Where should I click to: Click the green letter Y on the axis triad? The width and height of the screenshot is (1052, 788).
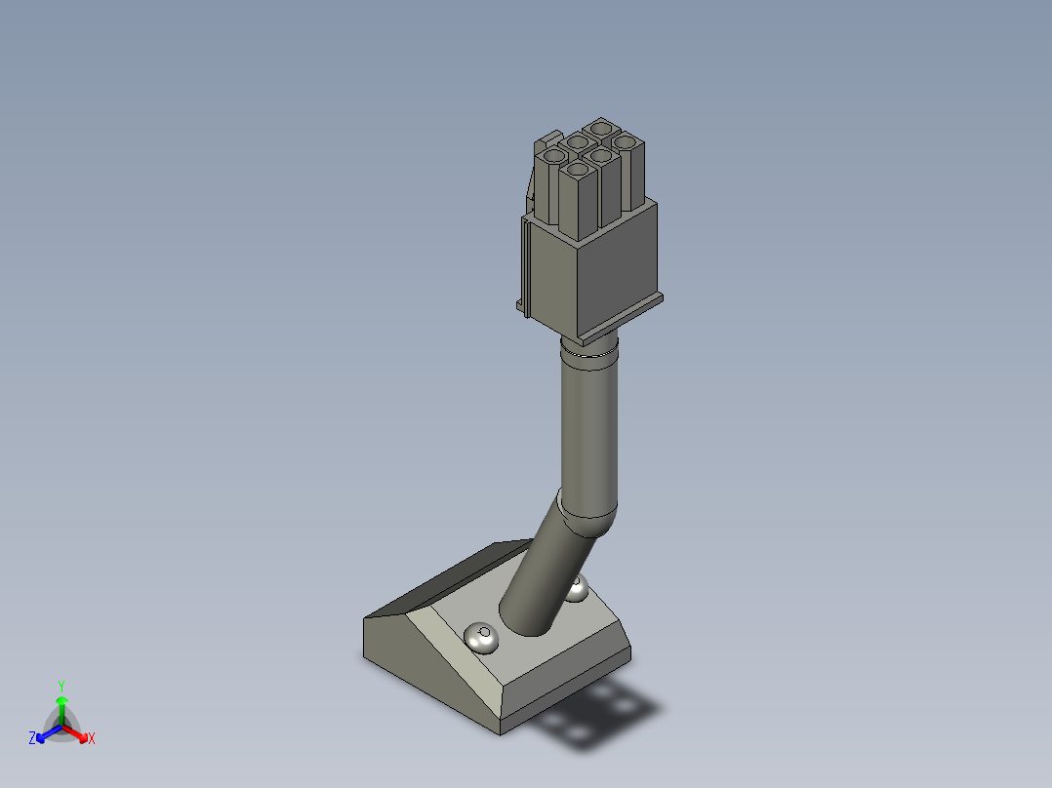pos(61,686)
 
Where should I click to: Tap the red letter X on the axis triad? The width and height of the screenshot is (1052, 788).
pos(92,739)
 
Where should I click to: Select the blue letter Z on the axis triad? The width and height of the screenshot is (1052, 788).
pos(32,739)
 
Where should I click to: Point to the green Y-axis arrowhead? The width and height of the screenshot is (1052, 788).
pos(61,700)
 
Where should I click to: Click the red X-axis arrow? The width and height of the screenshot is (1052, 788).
pos(77,733)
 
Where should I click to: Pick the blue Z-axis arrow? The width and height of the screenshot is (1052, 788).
pos(46,733)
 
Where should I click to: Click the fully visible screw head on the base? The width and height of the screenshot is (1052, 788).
pos(481,638)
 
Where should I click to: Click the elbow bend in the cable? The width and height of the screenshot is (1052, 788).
pos(586,515)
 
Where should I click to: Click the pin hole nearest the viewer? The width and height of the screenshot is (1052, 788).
pos(579,172)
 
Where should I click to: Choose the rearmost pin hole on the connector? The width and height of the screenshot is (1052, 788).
pos(601,128)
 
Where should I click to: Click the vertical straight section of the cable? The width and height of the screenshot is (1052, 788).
pos(589,429)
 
